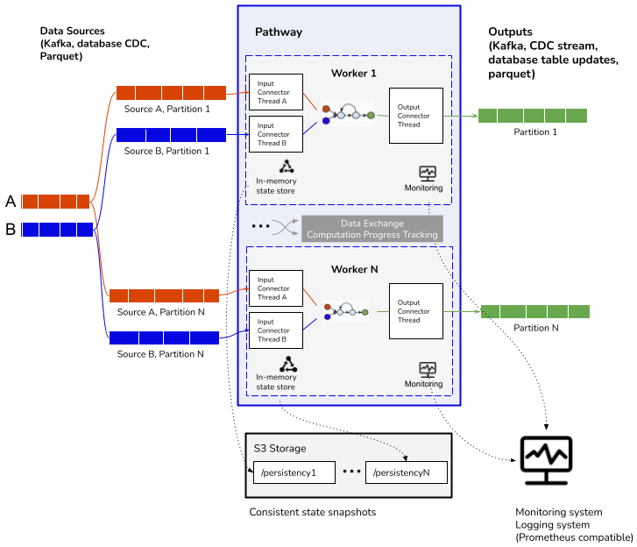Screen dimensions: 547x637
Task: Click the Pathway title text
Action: pyautogui.click(x=279, y=32)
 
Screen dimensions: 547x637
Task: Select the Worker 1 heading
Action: pyautogui.click(x=353, y=73)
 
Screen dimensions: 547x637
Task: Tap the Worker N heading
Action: pyautogui.click(x=354, y=269)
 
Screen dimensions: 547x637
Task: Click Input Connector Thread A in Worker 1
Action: pyautogui.click(x=276, y=92)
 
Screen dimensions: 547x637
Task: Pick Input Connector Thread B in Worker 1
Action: pyautogui.click(x=276, y=134)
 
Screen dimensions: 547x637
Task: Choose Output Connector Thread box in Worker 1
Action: pyautogui.click(x=415, y=116)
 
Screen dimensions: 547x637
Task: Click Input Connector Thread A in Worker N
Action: pyautogui.click(x=276, y=288)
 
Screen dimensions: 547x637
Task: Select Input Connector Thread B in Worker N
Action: pyautogui.click(x=276, y=330)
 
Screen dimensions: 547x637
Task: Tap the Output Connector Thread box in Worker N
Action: pyautogui.click(x=415, y=311)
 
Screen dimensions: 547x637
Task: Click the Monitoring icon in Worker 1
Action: pyautogui.click(x=427, y=174)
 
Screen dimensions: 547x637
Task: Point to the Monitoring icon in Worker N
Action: pyautogui.click(x=427, y=369)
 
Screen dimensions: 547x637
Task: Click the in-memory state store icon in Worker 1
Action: pyautogui.click(x=287, y=167)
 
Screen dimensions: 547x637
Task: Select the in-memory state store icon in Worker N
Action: pyautogui.click(x=287, y=363)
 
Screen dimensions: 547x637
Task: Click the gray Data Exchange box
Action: pyautogui.click(x=372, y=229)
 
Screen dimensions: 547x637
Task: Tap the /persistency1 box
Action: pyautogui.click(x=294, y=472)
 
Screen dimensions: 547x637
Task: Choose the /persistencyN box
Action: pyautogui.click(x=406, y=472)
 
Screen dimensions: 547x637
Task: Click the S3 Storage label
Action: pyautogui.click(x=280, y=448)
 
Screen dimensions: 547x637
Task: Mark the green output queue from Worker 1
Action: pyautogui.click(x=532, y=116)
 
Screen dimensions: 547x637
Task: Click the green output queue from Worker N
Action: pyautogui.click(x=534, y=311)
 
